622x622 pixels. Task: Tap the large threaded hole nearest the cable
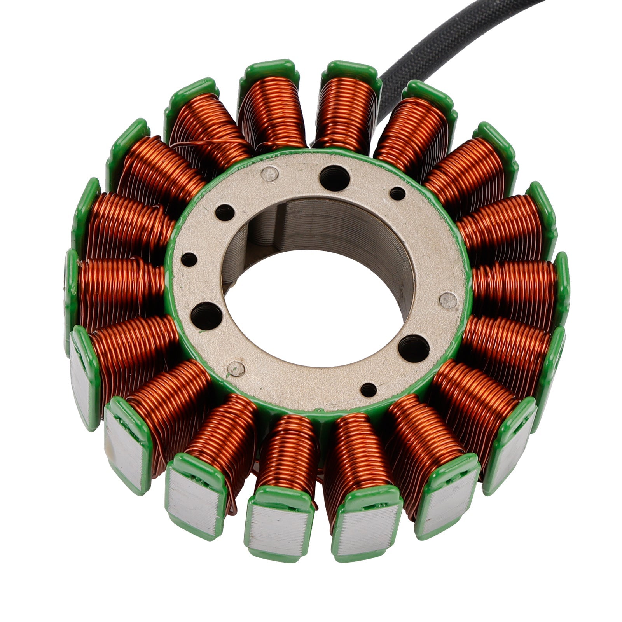(333, 178)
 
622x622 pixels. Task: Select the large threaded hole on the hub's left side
(206, 314)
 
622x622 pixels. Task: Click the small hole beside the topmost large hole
(397, 194)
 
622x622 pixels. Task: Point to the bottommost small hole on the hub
(369, 390)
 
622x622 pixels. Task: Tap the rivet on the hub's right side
(449, 300)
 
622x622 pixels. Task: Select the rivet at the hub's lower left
(236, 368)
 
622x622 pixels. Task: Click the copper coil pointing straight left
(121, 288)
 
